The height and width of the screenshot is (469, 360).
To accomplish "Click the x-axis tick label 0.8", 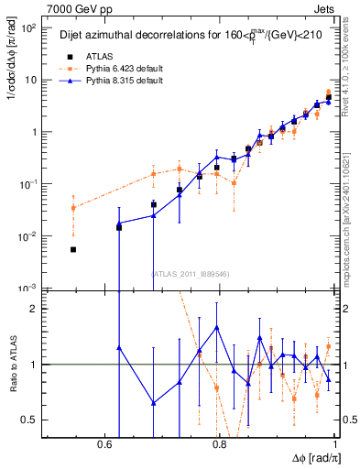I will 219,444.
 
